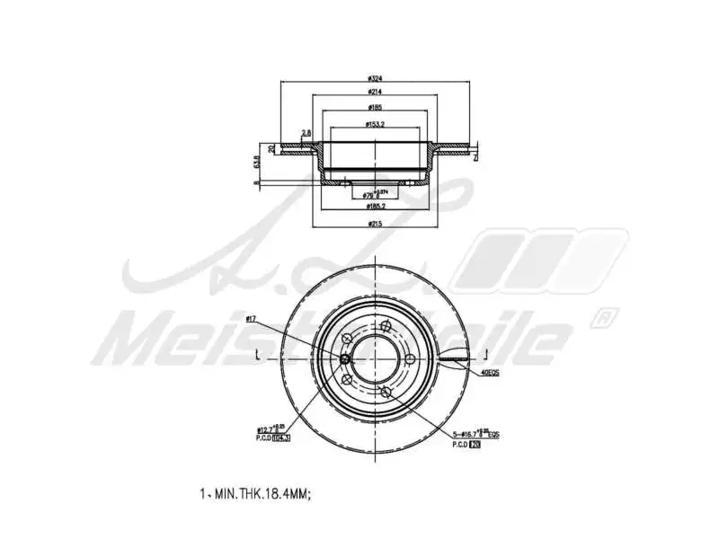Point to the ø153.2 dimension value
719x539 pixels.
pyautogui.click(x=376, y=125)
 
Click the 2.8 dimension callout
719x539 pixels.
pyautogui.click(x=306, y=133)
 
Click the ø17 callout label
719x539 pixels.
pyautogui.click(x=252, y=319)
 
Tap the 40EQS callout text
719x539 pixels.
pyautogui.click(x=491, y=371)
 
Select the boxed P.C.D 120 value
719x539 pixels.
pyautogui.click(x=475, y=443)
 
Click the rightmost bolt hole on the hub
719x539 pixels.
pyautogui.click(x=410, y=359)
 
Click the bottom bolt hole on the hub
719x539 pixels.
pyautogui.click(x=385, y=393)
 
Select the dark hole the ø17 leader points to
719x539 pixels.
pyautogui.click(x=345, y=358)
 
